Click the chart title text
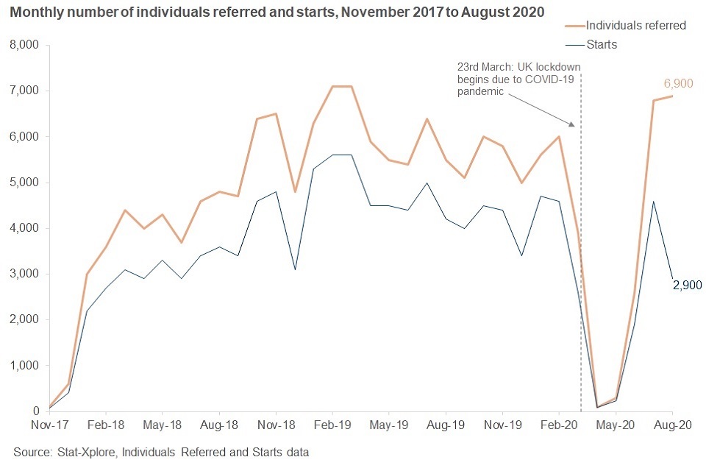click(277, 12)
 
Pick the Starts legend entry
click(602, 44)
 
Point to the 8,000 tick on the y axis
click(26, 45)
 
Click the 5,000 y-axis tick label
click(26, 183)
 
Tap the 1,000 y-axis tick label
click(26, 366)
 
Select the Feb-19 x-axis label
click(332, 425)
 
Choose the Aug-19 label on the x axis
click(445, 425)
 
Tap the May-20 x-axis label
click(616, 425)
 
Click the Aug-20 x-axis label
click(672, 425)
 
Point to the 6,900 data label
click(677, 83)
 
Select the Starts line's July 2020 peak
click(653, 201)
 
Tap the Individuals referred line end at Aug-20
click(672, 96)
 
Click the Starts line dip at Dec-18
click(294, 269)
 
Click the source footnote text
click(161, 452)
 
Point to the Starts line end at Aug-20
click(672, 279)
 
